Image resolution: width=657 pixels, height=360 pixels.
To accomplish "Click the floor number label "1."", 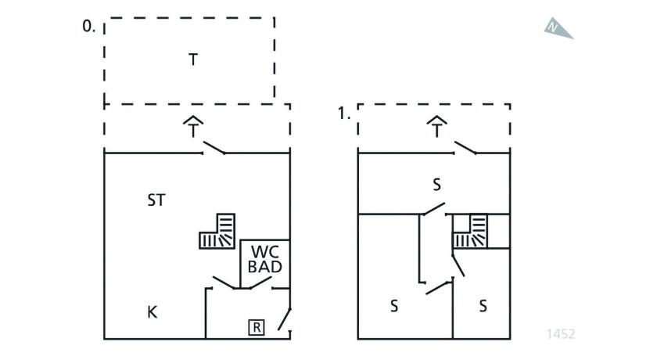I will point(343,113).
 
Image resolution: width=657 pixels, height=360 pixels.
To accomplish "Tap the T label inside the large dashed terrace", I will point(192,59).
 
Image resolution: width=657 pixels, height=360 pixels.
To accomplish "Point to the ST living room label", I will point(156,200).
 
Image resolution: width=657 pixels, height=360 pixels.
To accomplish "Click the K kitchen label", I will point(153,312).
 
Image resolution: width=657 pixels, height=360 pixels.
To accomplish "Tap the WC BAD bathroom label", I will point(264,260).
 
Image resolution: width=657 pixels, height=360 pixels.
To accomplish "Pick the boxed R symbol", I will point(256,328).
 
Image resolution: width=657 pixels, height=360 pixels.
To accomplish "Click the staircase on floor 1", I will point(471,231).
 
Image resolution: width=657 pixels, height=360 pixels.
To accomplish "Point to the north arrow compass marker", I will point(558,28).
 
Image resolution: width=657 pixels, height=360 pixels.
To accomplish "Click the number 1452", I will point(560,334).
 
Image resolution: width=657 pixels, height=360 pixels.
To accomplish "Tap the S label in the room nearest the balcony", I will point(437,185).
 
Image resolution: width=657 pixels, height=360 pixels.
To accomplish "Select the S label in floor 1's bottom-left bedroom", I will point(393,306).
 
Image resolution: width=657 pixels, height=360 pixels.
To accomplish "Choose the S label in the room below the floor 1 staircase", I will point(483,306).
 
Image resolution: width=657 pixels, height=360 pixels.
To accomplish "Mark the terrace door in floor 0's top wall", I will point(214,148).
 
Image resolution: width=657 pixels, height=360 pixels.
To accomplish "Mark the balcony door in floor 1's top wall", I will point(466,148).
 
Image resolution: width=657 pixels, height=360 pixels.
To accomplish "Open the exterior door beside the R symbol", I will point(285,320).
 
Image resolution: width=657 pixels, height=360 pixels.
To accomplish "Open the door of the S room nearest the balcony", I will point(433,210).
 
